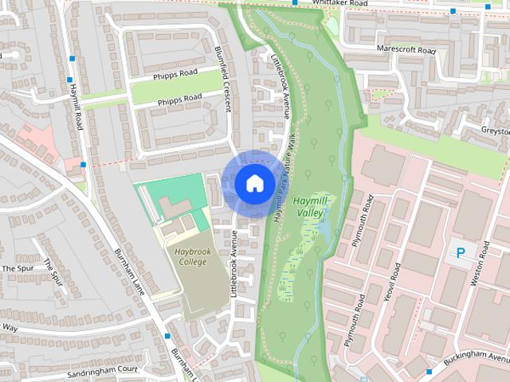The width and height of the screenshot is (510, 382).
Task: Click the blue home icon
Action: [253, 183]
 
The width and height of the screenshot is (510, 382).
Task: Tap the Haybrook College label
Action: [190, 256]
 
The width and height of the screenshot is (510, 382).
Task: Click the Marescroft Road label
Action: [407, 51]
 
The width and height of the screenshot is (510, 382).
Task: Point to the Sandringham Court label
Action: [104, 371]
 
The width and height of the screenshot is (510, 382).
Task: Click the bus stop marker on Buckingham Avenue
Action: [429, 371]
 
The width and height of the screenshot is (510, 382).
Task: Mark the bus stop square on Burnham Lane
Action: [167, 337]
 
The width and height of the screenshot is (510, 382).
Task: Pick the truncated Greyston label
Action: [494, 130]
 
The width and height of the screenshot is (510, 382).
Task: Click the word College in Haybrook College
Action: [191, 262]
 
